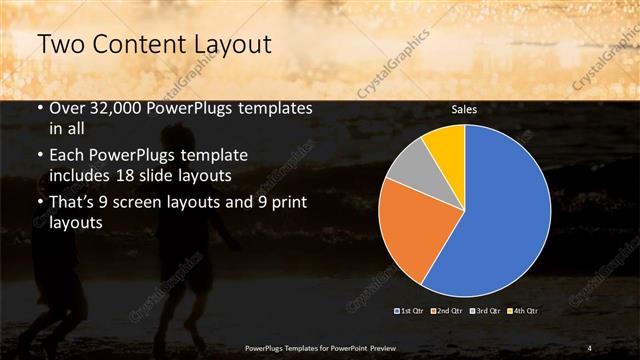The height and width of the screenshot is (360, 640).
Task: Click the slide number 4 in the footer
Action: click(x=590, y=347)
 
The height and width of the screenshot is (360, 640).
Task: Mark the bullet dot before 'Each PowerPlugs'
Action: click(x=39, y=157)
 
